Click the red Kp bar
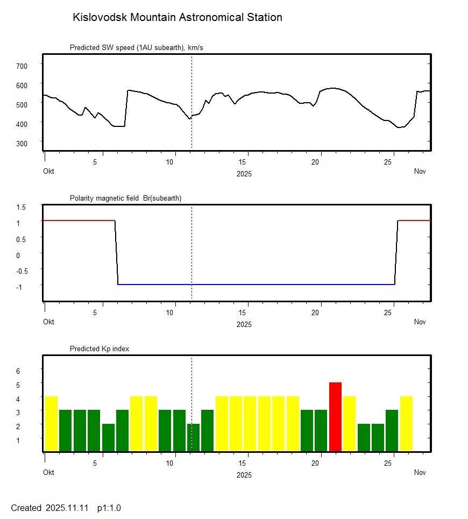pos(335,417)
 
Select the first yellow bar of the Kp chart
pos(51,424)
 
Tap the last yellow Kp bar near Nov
pos(406,424)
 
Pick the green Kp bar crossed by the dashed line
pos(194,438)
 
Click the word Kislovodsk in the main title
pos(100,18)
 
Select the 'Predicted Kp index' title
pos(100,349)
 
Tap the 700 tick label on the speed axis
pos(22,66)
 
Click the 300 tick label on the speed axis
pos(22,143)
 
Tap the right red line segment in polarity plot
pos(414,221)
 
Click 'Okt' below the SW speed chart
pos(49,172)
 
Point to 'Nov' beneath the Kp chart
pos(420,473)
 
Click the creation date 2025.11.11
pos(68,508)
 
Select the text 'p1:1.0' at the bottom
pos(109,508)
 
